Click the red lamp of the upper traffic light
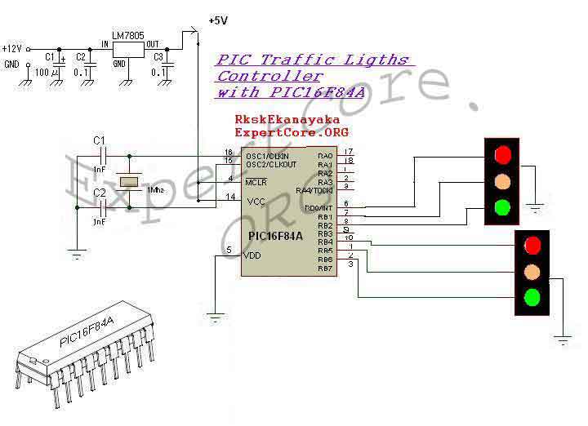coord(502,153)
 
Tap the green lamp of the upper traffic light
coord(502,207)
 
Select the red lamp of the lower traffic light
coord(532,244)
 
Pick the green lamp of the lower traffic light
coord(532,297)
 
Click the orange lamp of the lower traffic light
coord(532,271)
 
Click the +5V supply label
coord(219,20)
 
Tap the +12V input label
coord(12,49)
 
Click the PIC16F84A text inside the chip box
coord(276,236)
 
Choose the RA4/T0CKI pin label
coord(315,191)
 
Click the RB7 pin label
coord(325,268)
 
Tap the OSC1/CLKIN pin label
coord(266,155)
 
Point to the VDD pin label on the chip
coord(253,255)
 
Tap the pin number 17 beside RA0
coord(348,152)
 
